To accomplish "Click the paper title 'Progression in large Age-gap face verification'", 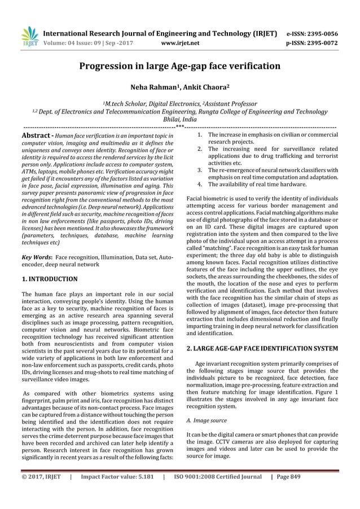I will [179, 67].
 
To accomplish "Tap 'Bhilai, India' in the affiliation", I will [179, 120].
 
